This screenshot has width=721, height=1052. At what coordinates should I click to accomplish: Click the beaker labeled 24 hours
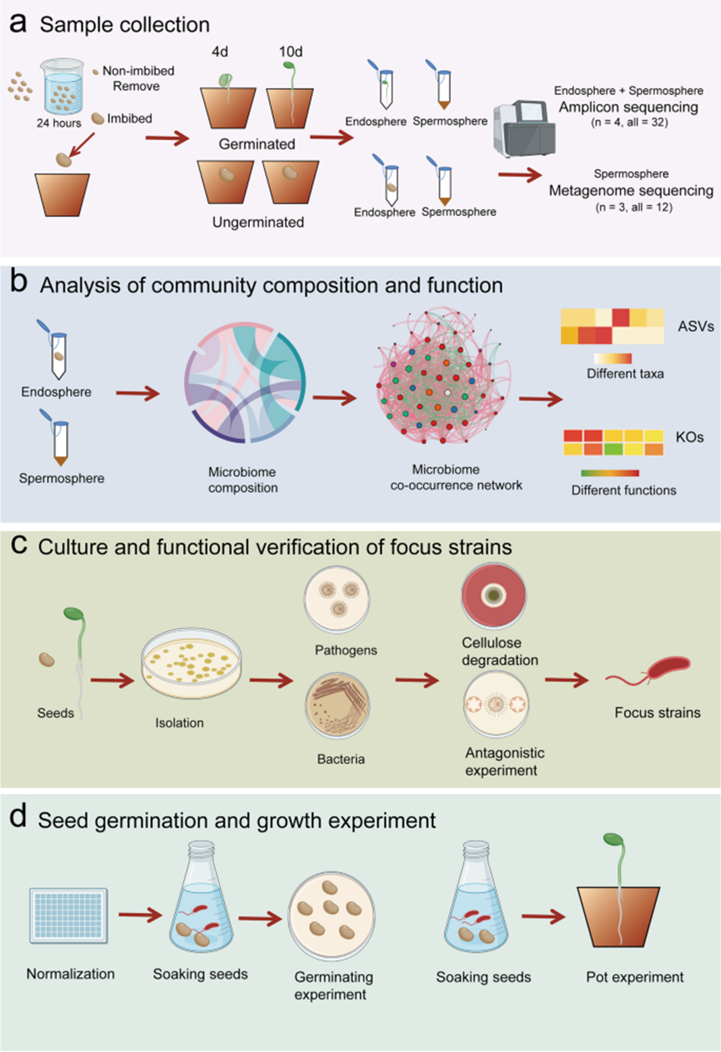coord(62,87)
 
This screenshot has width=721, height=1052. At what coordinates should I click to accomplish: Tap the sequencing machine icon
coord(525,128)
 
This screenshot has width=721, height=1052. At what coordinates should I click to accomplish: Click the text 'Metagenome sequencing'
coord(631,191)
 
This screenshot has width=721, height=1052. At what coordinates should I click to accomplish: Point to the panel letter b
coord(19,282)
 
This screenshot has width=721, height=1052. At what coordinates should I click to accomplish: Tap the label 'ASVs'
coord(695,327)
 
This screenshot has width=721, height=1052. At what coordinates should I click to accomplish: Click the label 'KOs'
coord(689,437)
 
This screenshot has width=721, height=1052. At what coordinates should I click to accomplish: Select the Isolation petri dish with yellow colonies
coord(191,663)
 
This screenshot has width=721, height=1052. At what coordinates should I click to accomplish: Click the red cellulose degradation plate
coord(494,595)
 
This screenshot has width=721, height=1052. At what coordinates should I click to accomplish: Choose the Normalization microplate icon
coord(69,915)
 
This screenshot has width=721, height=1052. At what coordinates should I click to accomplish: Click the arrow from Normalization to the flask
coord(140,915)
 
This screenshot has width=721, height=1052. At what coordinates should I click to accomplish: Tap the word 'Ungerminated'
coord(258,222)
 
